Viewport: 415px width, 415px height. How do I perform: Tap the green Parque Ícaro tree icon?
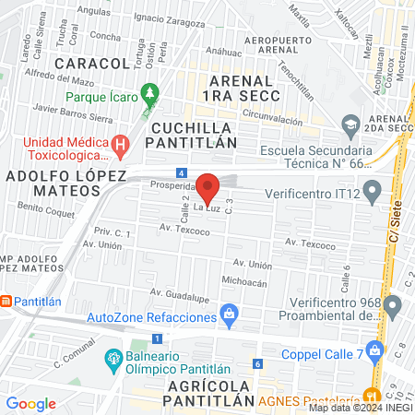click(x=152, y=95)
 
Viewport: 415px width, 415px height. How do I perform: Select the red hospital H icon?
click(x=120, y=144)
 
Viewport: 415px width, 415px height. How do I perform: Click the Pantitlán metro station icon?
click(x=6, y=301)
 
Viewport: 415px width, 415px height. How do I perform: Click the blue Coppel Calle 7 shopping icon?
click(x=374, y=350)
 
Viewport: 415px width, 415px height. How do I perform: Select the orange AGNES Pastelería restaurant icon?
click(x=374, y=399)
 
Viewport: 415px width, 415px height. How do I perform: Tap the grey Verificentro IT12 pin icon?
click(x=373, y=194)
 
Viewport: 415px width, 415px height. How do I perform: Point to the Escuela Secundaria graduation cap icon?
click(x=350, y=124)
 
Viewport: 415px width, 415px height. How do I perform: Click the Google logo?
click(x=30, y=403)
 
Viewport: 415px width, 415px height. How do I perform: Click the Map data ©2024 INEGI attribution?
click(x=360, y=408)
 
